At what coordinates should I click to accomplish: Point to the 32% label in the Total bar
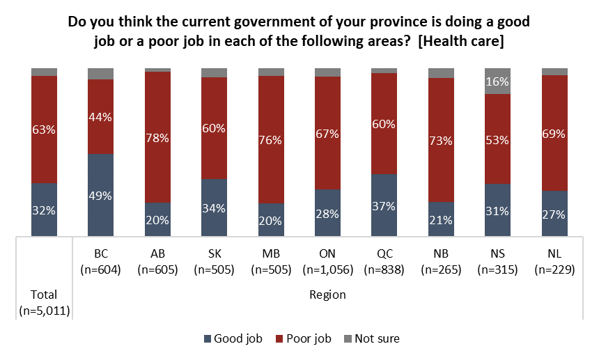(44, 210)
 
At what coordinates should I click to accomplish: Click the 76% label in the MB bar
(271, 140)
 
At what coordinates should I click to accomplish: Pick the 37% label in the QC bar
(384, 205)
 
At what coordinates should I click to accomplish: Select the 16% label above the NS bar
(497, 81)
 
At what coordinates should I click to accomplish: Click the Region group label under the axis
(327, 295)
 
